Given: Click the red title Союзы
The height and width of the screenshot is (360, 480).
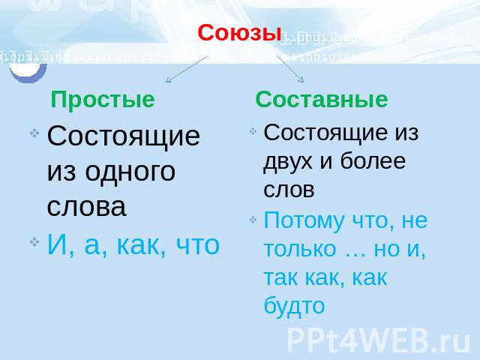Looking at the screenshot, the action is [x=239, y=33].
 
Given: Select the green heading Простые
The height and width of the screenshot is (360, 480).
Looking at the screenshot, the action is [x=103, y=100].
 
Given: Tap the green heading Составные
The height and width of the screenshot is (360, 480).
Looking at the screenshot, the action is [x=322, y=100].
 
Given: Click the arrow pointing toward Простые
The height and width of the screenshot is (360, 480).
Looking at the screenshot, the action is [x=186, y=69].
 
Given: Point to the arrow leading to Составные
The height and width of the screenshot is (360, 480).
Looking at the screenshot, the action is [x=290, y=69].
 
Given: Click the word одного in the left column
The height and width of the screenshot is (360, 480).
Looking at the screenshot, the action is [x=130, y=172].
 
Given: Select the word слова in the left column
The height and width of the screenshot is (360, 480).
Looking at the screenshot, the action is [x=87, y=207].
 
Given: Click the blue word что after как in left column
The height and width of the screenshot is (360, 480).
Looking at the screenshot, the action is [x=198, y=245].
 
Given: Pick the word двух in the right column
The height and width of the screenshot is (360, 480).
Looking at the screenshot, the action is [x=287, y=162].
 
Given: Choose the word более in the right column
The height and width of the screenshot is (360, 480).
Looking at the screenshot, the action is [x=373, y=160].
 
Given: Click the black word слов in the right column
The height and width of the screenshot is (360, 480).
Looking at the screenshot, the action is [x=289, y=190].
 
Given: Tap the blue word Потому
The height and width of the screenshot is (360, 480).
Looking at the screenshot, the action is [x=304, y=220].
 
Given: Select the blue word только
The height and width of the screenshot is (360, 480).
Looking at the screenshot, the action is [x=300, y=249].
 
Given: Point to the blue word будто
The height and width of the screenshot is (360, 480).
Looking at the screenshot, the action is [x=294, y=306].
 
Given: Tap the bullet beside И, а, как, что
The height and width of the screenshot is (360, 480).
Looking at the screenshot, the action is [x=34, y=241].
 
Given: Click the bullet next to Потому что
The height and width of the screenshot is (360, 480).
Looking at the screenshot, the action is [x=253, y=220].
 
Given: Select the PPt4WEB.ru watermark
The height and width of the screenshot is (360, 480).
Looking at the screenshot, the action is [x=378, y=340].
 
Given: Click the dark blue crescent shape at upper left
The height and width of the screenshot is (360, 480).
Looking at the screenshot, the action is [x=28, y=76].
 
